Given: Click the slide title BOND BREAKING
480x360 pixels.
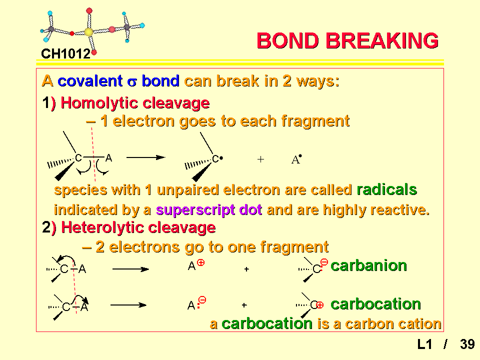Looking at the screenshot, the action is tap(348, 40).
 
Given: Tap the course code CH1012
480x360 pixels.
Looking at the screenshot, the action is tap(66, 54).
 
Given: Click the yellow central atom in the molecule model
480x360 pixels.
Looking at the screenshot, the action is tap(88, 32).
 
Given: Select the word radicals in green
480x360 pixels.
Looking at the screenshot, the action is tap(387, 190).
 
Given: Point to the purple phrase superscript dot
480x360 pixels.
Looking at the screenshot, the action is tap(209, 210).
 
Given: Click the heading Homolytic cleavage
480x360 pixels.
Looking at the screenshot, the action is tap(135, 103).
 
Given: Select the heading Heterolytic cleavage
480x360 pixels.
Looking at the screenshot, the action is tap(138, 228).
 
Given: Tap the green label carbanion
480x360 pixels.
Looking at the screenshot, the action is tap(368, 265).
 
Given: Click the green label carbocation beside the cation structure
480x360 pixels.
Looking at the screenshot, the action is tap(375, 304).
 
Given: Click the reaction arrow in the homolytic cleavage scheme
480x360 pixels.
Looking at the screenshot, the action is tap(145, 157).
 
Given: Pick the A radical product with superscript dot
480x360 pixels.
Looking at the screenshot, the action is tap(296, 159).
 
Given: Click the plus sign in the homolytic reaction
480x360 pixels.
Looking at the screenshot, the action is tap(260, 159).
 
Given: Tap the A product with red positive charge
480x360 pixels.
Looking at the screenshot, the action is tap(196, 265).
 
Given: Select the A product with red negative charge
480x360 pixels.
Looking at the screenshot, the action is tap(196, 303).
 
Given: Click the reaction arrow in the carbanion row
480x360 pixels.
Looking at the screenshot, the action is tap(130, 269).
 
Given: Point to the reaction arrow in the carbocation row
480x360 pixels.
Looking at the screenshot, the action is tap(128, 305).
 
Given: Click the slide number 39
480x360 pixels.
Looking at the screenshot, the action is tap(467, 344).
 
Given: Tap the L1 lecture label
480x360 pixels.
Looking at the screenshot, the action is tap(424, 344).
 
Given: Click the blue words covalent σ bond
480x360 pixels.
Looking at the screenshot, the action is tap(118, 81).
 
